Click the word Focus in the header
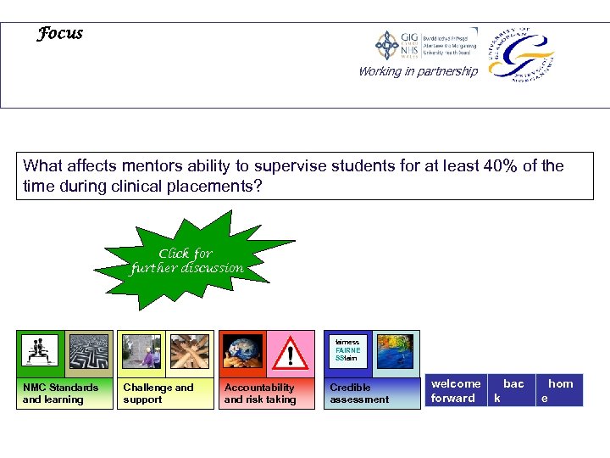coord(60,34)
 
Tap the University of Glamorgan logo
coord(520,53)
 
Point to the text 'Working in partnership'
coord(418,71)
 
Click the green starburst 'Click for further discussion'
coord(187,260)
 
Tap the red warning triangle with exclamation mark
coord(291,353)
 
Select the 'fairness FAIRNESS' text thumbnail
coord(347,350)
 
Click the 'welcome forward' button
coord(455,391)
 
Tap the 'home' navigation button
coord(559,391)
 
